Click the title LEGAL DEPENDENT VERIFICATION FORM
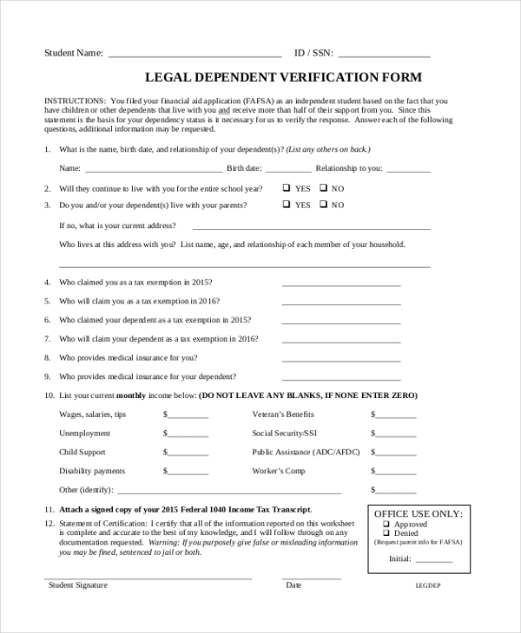coord(282,77)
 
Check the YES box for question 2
coord(286,187)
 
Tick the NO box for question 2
coord(323,187)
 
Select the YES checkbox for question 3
coord(286,205)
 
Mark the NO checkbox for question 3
coord(323,205)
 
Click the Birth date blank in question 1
coord(287,170)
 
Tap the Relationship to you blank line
coord(407,170)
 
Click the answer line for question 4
coord(340,284)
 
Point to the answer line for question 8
coord(340,359)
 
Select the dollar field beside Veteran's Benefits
coord(396,416)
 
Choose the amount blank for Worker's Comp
coord(396,473)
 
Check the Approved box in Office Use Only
coord(386,525)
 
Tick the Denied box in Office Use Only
coord(386,533)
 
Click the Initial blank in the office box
coord(433,560)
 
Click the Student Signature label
coord(78,585)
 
